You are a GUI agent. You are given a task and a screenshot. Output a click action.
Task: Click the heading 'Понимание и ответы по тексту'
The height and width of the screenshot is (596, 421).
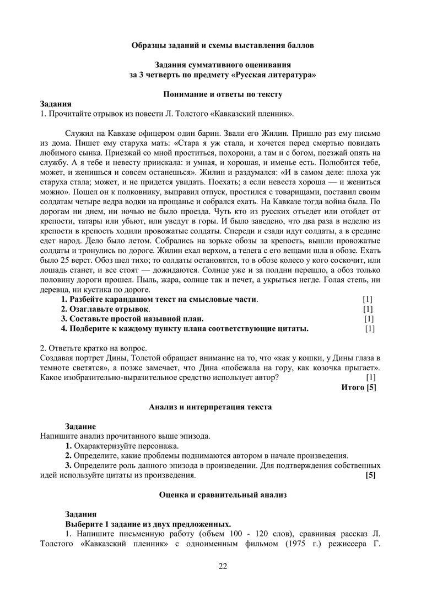click(x=223, y=94)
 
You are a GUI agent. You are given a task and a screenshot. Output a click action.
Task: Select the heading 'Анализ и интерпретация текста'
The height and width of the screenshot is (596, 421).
click(x=210, y=407)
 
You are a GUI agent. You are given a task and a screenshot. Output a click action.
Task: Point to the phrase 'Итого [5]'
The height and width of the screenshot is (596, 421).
click(x=359, y=387)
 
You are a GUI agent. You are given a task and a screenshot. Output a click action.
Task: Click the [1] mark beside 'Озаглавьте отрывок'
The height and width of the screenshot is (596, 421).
click(x=368, y=309)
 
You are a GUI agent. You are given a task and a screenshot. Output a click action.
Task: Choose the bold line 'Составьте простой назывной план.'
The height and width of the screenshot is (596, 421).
click(x=132, y=319)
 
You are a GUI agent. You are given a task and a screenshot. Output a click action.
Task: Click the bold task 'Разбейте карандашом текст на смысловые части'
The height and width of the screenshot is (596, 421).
click(x=159, y=299)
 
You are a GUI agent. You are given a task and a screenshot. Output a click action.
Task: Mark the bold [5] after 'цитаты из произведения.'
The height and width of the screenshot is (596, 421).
click(x=371, y=475)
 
